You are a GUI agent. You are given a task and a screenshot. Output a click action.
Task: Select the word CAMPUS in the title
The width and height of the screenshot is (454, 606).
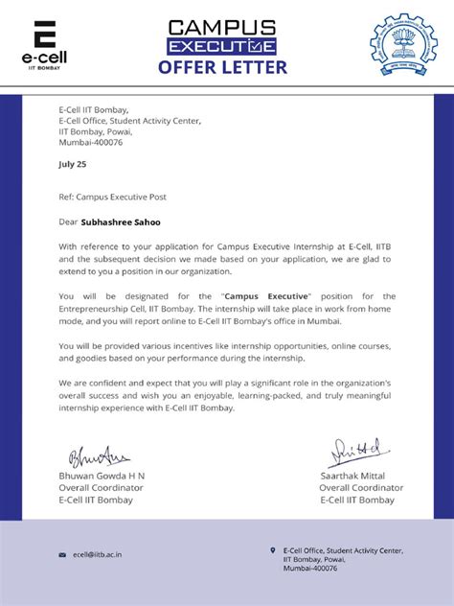coord(222,27)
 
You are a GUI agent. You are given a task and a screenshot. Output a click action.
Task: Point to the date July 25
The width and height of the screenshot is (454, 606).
coord(72,164)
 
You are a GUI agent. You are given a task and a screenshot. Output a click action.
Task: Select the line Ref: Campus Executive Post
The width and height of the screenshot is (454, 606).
coord(112,197)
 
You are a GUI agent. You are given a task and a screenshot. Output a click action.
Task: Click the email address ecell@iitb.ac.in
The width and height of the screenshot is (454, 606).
coord(97,554)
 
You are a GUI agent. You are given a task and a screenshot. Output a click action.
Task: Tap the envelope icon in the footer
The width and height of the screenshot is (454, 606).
coord(62,554)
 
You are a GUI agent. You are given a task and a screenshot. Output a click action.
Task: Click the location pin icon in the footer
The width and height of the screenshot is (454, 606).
coord(273,549)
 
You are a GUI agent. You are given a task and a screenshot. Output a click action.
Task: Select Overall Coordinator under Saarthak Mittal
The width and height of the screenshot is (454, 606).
coord(361,487)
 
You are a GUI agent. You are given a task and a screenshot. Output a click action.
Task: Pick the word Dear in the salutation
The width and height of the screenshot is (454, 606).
coord(68,221)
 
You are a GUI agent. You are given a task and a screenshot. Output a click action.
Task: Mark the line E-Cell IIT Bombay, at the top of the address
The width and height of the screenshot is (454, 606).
coord(93,109)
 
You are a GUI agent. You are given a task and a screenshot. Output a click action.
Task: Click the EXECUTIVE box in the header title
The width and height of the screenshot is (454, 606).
coord(221,46)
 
